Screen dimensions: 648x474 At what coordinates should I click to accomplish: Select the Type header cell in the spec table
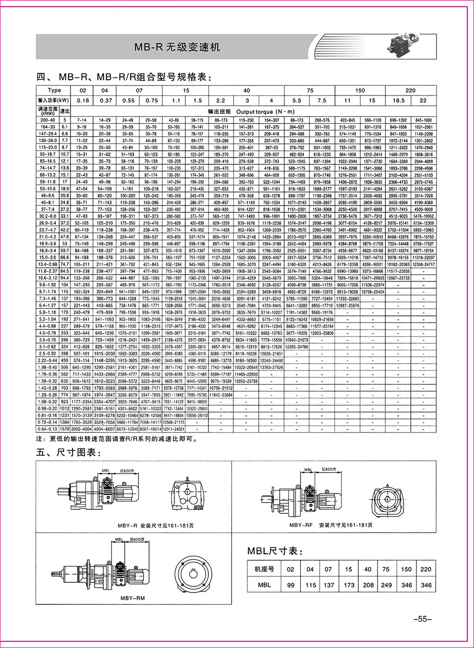tap(55, 90)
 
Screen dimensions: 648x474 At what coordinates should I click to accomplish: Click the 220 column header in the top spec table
tap(410, 90)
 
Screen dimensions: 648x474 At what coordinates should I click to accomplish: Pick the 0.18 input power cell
tap(82, 100)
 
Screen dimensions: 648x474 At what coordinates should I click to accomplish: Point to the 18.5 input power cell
tap(398, 100)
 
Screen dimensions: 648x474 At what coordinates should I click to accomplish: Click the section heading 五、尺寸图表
tap(69, 453)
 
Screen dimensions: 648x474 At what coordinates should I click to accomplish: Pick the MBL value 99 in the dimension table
tap(291, 585)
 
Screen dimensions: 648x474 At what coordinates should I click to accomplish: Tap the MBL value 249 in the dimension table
tap(386, 585)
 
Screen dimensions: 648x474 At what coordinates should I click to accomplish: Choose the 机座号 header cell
tap(264, 569)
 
